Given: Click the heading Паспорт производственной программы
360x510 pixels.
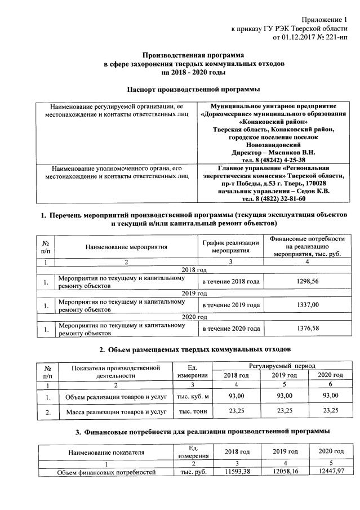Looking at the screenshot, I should [x=193, y=90].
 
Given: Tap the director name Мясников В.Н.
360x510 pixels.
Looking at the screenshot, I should [x=295, y=152].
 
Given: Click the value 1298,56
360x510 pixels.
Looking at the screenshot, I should [x=307, y=281].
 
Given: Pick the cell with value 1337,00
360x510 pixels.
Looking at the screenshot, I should [x=307, y=305].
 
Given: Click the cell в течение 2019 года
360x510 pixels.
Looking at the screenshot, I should [x=230, y=305].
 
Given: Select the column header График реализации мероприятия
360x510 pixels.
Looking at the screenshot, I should [x=230, y=247].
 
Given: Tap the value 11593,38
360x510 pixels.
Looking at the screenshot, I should [x=237, y=471].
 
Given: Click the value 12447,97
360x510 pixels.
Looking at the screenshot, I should [x=330, y=471].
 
